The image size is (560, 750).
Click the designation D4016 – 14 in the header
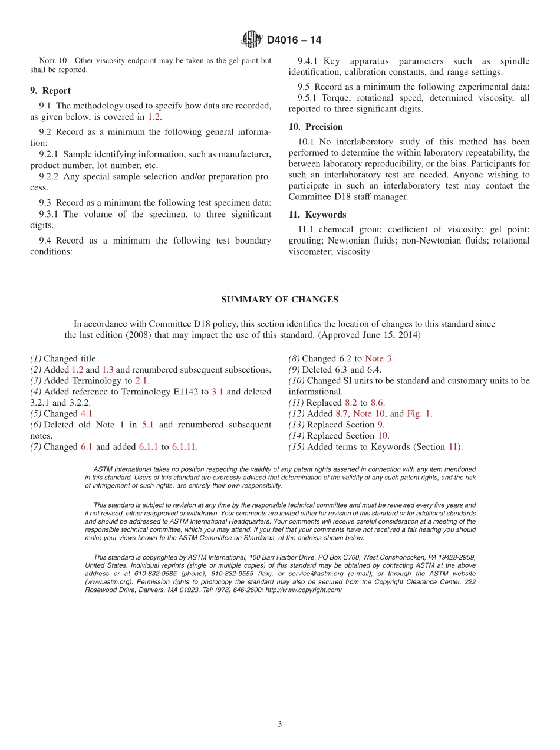(x=294, y=40)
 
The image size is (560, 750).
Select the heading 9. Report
(x=50, y=91)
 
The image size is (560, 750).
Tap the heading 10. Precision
(x=315, y=127)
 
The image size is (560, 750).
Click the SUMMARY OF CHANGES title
(x=279, y=300)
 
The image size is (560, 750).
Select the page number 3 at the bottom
(x=280, y=724)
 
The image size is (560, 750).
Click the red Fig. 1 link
(x=419, y=414)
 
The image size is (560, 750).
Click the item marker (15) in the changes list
(x=296, y=447)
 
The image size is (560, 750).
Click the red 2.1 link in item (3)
(x=141, y=381)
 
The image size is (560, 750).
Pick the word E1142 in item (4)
(x=197, y=392)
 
